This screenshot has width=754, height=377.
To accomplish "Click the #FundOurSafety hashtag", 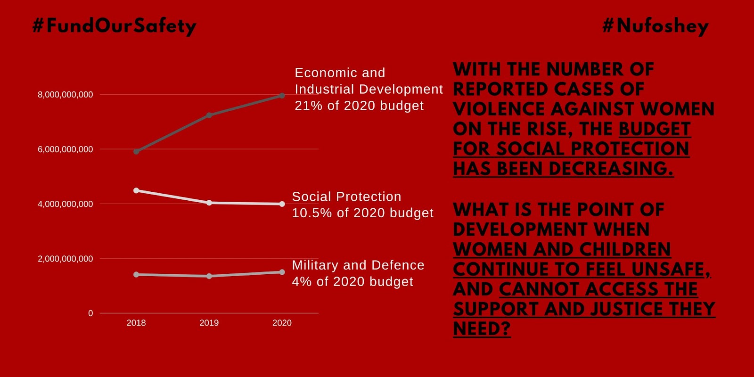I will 114,26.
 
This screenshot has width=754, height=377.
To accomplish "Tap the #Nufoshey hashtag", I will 656,26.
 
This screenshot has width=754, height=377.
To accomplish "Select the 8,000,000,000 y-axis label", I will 66,95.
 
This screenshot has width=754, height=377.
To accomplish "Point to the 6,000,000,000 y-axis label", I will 66,149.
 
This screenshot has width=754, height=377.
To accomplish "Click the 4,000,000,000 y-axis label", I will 66,204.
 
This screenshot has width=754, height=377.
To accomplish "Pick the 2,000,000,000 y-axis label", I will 66,259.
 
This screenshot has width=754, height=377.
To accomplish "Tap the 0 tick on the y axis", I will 90,313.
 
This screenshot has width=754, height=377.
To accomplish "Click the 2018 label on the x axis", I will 136,323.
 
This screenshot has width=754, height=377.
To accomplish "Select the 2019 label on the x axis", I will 209,323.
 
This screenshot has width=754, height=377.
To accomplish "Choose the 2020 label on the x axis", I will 282,323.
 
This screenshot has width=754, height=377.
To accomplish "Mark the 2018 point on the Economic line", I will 136,152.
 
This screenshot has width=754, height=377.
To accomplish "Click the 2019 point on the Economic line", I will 209,115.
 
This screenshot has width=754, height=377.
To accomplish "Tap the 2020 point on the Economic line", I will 282,96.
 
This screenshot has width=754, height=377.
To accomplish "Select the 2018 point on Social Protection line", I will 136,190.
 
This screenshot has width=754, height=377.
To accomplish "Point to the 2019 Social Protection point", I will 209,203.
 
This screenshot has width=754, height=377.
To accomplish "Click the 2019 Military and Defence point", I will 209,276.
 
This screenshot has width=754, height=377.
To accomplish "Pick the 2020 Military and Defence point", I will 282,272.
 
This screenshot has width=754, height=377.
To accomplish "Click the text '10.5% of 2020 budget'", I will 362,213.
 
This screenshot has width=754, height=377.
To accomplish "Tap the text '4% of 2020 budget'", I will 352,282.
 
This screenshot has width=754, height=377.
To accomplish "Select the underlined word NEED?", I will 482,329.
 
